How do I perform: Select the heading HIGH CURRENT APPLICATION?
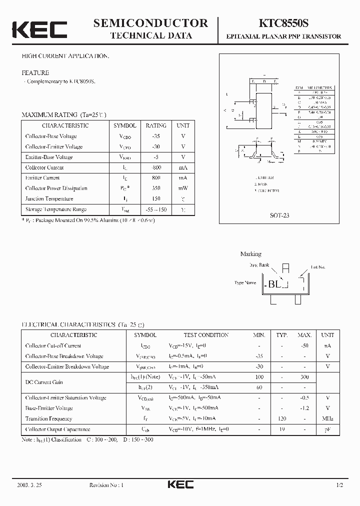point(65,56)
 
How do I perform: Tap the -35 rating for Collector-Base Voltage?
point(156,136)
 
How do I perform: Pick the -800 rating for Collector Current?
point(156,167)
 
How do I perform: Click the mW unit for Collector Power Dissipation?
point(183,188)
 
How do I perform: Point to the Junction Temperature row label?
point(49,199)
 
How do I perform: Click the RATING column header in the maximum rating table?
point(156,125)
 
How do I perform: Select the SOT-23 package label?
point(280,215)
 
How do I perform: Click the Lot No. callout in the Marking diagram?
point(317,267)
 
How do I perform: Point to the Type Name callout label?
point(245,283)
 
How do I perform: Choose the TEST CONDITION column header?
point(206,335)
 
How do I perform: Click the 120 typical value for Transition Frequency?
point(282,419)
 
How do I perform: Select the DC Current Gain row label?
point(44,382)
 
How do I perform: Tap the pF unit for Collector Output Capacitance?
point(327,429)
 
